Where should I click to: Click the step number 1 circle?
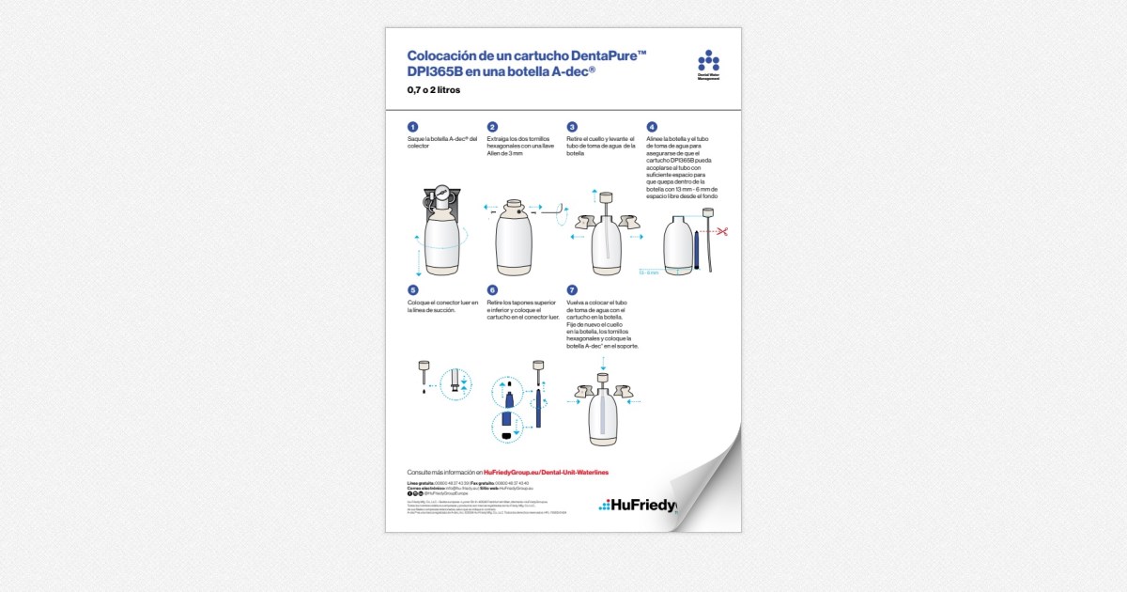tap(412, 127)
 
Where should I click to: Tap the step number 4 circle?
tap(652, 127)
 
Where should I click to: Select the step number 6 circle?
tap(492, 290)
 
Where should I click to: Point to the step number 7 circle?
tap(572, 290)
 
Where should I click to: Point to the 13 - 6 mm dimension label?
tap(648, 273)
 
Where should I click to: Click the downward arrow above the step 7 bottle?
tap(604, 362)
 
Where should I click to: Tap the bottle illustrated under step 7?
tap(604, 413)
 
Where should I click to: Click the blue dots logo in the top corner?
tap(708, 61)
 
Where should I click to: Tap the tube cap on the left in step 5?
tap(424, 366)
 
